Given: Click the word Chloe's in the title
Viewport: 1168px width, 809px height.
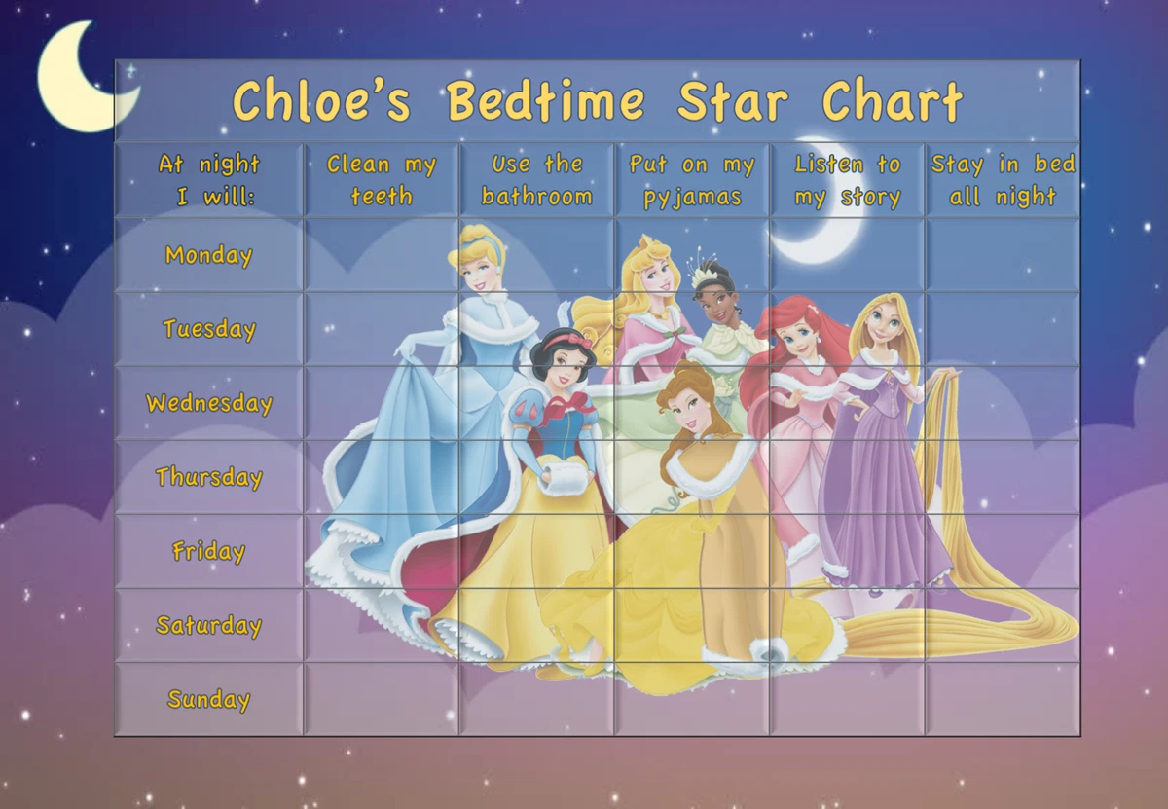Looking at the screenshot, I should tap(321, 101).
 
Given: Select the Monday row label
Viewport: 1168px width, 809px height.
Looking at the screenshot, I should tap(208, 255).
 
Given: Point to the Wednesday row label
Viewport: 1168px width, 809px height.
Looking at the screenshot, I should tap(208, 403).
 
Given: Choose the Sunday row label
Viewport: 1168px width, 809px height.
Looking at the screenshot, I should tap(208, 699).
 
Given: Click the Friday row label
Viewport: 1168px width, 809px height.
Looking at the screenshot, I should tap(208, 551).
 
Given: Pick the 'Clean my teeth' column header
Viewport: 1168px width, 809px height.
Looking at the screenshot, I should tap(381, 180).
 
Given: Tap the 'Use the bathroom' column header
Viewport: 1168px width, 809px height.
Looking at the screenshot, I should tap(536, 180).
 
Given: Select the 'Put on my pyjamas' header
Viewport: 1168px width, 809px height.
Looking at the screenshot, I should tap(692, 180).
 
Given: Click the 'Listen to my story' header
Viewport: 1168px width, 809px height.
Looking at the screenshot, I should tap(847, 180).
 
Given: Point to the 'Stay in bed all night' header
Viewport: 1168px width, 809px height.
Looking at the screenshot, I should tap(1003, 180).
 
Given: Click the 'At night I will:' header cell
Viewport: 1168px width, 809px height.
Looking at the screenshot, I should tap(208, 180).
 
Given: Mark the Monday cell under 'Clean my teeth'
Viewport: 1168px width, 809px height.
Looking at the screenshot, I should tap(381, 255).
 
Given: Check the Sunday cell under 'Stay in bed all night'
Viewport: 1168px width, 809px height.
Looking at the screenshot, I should tap(1003, 699).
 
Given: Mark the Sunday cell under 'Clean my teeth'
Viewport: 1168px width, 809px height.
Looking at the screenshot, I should tap(381, 699).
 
